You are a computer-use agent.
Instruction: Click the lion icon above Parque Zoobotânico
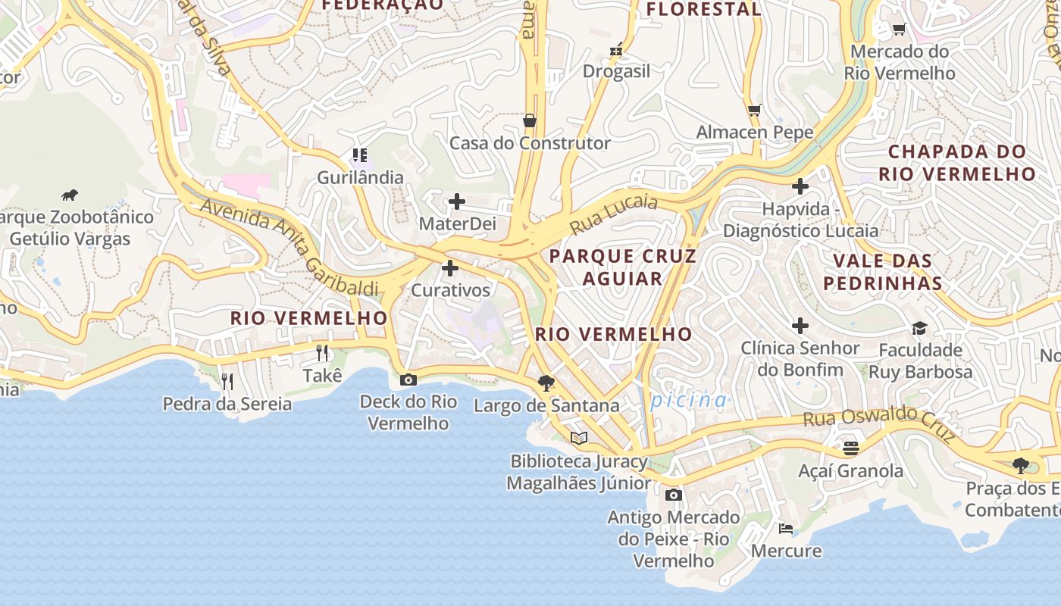pyautogui.click(x=70, y=195)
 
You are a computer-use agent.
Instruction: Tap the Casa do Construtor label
pyautogui.click(x=530, y=143)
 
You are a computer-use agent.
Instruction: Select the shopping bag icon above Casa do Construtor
pyautogui.click(x=530, y=120)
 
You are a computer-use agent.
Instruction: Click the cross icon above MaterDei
pyautogui.click(x=456, y=201)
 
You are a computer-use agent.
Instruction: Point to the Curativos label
pyautogui.click(x=450, y=290)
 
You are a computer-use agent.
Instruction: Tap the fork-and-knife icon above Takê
pyautogui.click(x=322, y=352)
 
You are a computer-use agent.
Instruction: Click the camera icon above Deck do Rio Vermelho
pyautogui.click(x=408, y=380)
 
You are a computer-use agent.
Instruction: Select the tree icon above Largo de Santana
pyautogui.click(x=546, y=383)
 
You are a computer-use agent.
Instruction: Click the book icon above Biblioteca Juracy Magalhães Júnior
pyautogui.click(x=579, y=438)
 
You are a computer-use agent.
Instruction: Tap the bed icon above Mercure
pyautogui.click(x=786, y=528)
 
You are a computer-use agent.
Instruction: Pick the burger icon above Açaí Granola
pyautogui.click(x=851, y=448)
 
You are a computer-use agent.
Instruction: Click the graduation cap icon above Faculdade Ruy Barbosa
pyautogui.click(x=919, y=328)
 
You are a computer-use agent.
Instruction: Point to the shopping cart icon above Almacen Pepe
pyautogui.click(x=754, y=110)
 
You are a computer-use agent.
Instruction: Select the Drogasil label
pyautogui.click(x=616, y=71)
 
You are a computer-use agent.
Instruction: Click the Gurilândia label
pyautogui.click(x=360, y=177)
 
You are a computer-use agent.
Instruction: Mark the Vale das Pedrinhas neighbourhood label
pyautogui.click(x=883, y=272)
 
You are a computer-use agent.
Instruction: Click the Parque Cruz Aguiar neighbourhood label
pyautogui.click(x=622, y=267)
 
